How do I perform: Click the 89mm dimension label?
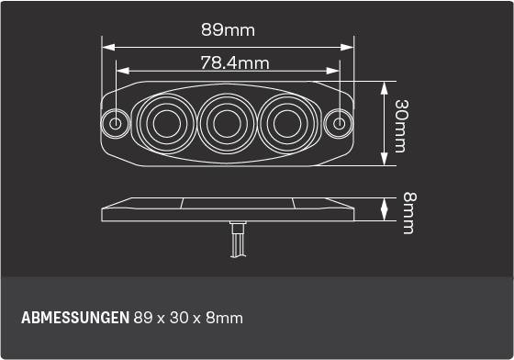(x=228, y=29)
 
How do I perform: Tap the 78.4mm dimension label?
(x=234, y=63)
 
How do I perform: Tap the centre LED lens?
(x=228, y=122)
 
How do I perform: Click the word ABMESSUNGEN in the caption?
(x=74, y=319)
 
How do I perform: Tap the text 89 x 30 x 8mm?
(x=188, y=319)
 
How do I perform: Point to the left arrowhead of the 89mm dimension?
(x=105, y=45)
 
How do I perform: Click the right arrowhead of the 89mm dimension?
(x=351, y=45)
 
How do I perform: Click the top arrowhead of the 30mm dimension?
(x=384, y=84)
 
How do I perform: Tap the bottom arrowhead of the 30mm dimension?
(x=384, y=162)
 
